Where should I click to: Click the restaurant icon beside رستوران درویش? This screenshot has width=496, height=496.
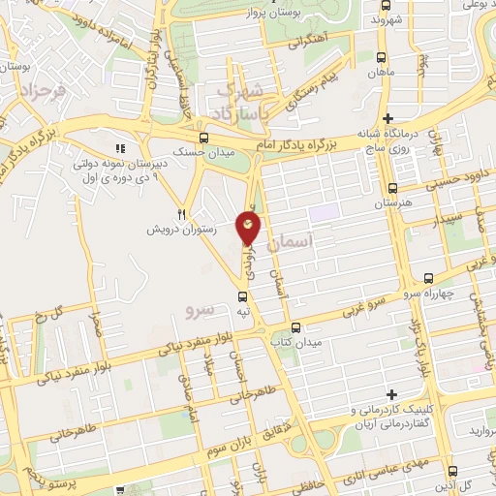181,213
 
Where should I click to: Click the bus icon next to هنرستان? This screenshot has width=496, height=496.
392,189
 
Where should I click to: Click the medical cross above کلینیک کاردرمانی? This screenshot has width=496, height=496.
391,394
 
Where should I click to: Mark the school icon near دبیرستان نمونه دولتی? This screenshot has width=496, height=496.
121,147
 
